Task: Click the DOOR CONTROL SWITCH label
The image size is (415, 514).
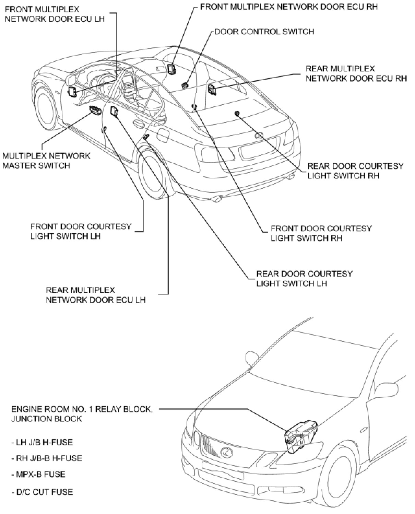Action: [264, 32]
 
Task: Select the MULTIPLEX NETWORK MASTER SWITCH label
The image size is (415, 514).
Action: [46, 161]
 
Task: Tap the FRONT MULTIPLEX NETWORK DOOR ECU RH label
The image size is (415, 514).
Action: [289, 7]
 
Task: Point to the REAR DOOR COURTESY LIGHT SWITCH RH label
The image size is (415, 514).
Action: [355, 171]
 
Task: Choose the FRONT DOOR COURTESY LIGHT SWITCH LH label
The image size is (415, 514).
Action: [81, 231]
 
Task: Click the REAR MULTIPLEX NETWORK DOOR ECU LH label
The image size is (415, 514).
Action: [96, 295]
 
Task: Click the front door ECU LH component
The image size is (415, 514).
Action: [73, 92]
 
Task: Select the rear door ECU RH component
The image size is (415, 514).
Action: [212, 90]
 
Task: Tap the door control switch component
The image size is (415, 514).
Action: [185, 84]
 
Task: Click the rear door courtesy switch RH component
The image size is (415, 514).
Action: [237, 113]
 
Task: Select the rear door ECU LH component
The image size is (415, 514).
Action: [114, 111]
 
